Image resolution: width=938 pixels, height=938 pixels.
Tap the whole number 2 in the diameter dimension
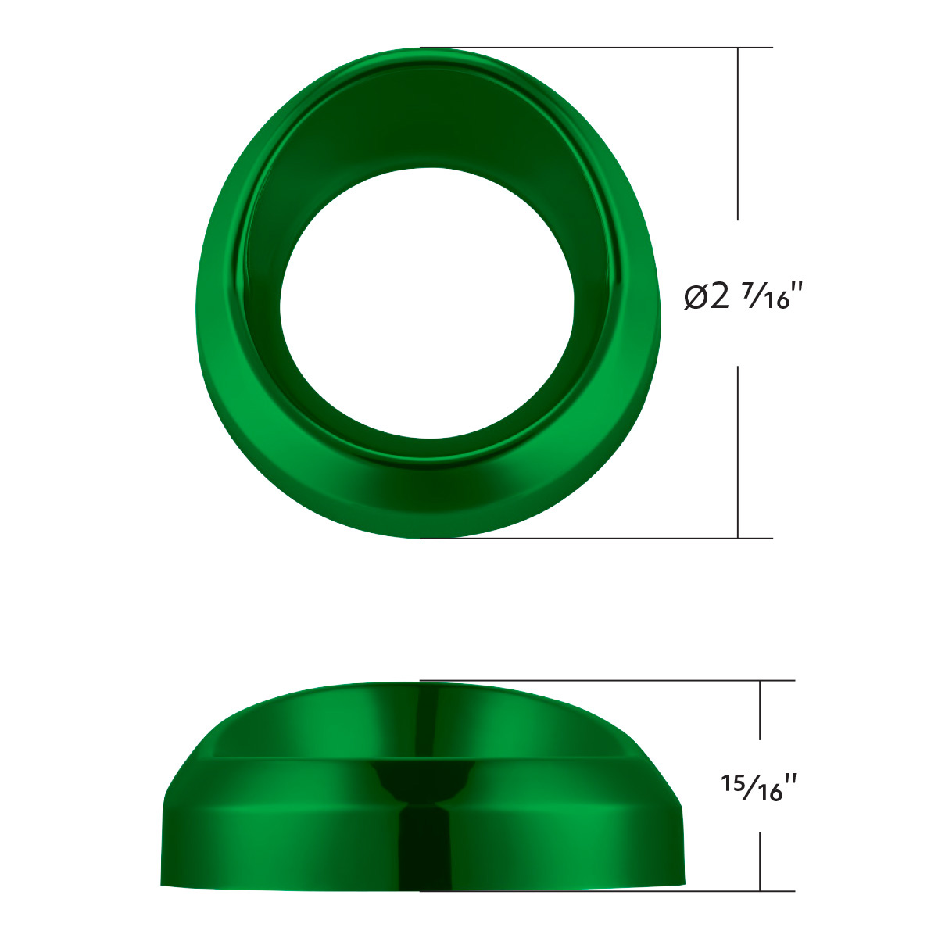[x=720, y=296]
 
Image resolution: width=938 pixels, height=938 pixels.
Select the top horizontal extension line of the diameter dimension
[x=594, y=48]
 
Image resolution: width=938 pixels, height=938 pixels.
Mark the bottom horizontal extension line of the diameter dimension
[x=594, y=538]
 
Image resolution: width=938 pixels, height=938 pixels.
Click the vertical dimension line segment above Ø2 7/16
[x=739, y=133]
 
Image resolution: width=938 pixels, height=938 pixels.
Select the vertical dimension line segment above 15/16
[x=761, y=710]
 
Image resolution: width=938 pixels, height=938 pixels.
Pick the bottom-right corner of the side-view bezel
[x=683, y=883]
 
